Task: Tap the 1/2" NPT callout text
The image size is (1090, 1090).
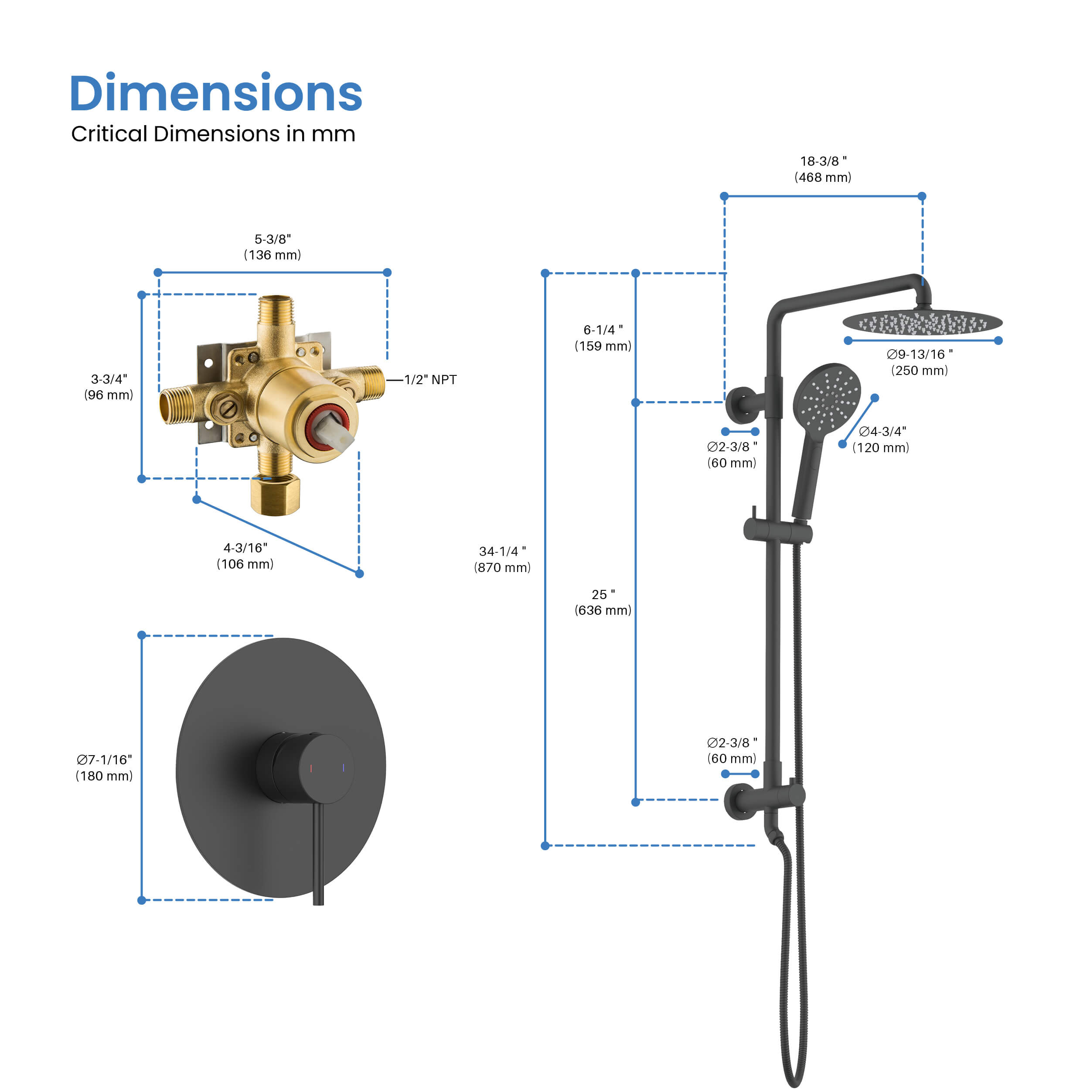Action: (x=430, y=380)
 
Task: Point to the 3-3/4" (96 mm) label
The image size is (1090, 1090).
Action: (x=109, y=387)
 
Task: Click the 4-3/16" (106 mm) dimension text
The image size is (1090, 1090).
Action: (x=245, y=556)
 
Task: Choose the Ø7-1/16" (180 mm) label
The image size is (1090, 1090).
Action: (x=104, y=768)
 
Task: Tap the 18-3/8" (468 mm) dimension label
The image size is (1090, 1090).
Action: (x=823, y=169)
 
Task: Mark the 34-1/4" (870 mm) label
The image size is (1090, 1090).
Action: (x=502, y=559)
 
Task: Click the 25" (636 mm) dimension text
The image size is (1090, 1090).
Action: (x=603, y=602)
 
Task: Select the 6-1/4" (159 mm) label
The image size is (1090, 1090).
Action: (x=603, y=338)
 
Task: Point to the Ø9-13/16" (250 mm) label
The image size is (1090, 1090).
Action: (x=920, y=362)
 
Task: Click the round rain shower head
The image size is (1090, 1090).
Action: (x=923, y=323)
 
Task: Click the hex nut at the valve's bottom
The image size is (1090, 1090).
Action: (x=275, y=495)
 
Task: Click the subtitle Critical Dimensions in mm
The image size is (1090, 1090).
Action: (x=213, y=134)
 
